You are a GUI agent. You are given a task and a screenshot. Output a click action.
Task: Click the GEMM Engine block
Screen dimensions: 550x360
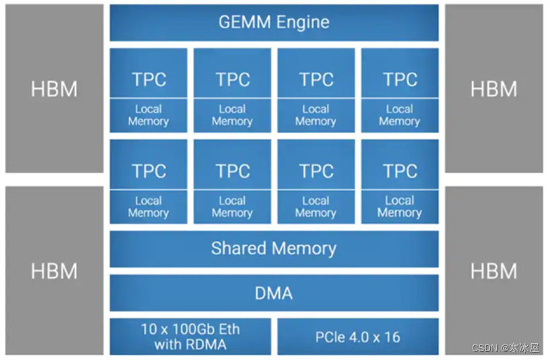click(x=274, y=22)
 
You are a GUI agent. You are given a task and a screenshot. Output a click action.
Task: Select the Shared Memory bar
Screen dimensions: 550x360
click(x=274, y=249)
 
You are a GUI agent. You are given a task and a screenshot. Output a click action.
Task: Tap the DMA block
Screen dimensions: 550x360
click(x=274, y=293)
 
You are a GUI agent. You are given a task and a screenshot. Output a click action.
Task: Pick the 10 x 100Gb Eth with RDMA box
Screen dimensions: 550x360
click(x=190, y=336)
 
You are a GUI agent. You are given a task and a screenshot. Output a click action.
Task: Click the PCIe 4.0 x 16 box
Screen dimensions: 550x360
click(x=358, y=336)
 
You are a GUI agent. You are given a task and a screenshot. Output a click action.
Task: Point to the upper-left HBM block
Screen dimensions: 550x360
click(x=54, y=88)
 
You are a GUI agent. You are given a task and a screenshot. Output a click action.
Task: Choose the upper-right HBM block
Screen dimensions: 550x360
click(x=494, y=88)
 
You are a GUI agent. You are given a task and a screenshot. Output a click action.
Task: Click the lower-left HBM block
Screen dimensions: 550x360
click(x=54, y=271)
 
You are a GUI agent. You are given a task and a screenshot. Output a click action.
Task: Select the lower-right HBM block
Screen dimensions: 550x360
click(x=494, y=271)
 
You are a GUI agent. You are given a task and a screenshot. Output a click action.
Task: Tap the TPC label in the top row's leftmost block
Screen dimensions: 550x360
click(x=149, y=79)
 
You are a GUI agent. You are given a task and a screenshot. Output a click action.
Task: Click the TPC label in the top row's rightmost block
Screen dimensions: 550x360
click(x=400, y=79)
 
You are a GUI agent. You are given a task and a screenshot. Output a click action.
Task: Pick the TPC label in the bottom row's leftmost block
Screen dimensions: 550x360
click(x=149, y=171)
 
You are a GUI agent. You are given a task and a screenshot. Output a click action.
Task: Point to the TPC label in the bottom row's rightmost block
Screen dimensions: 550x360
click(x=400, y=171)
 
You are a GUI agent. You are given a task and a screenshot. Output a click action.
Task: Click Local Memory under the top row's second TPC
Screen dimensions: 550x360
click(x=232, y=115)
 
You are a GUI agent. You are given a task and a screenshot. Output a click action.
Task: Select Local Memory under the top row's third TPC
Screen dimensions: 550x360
click(x=315, y=115)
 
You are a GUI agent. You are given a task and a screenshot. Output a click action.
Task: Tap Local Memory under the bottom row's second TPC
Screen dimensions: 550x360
click(x=232, y=207)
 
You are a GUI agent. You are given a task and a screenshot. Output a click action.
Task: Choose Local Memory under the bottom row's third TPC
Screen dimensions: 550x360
click(x=315, y=207)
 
